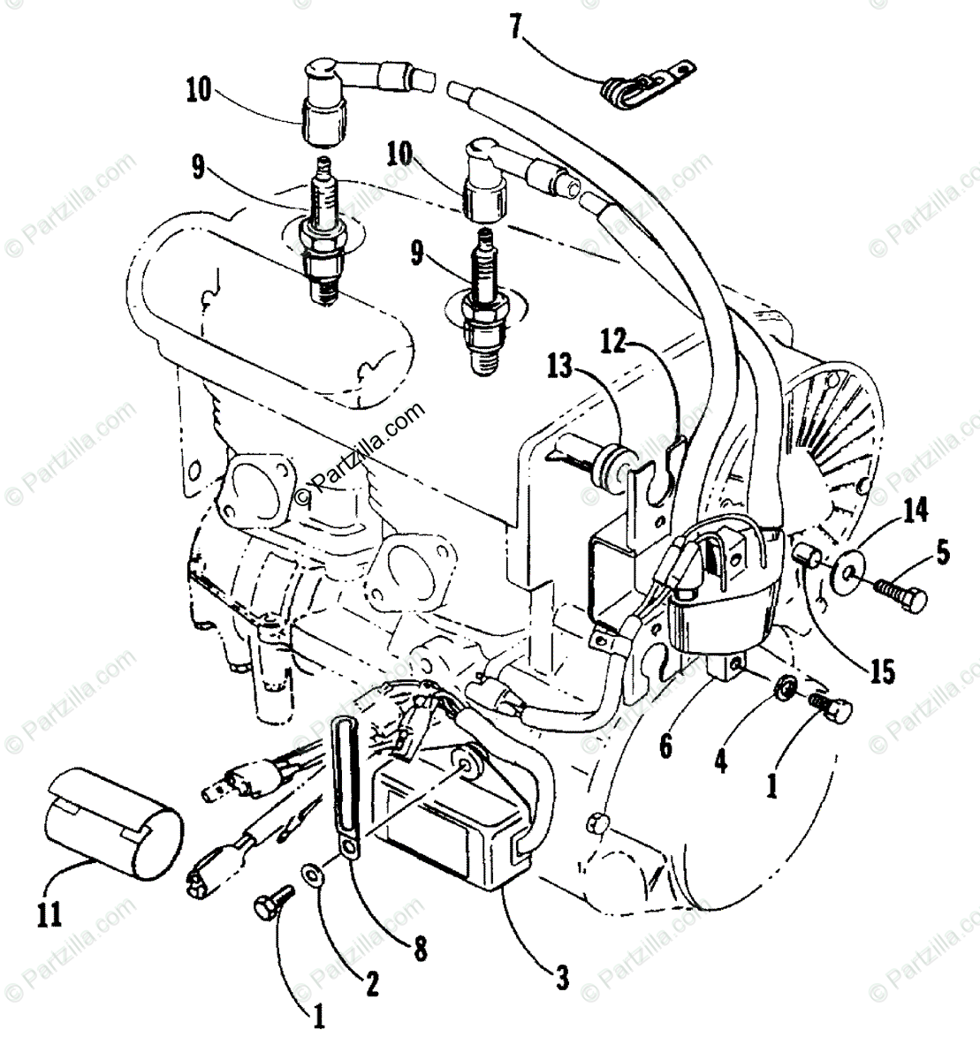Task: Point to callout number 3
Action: (561, 980)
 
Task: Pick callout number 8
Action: (420, 949)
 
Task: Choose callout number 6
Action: (666, 746)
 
